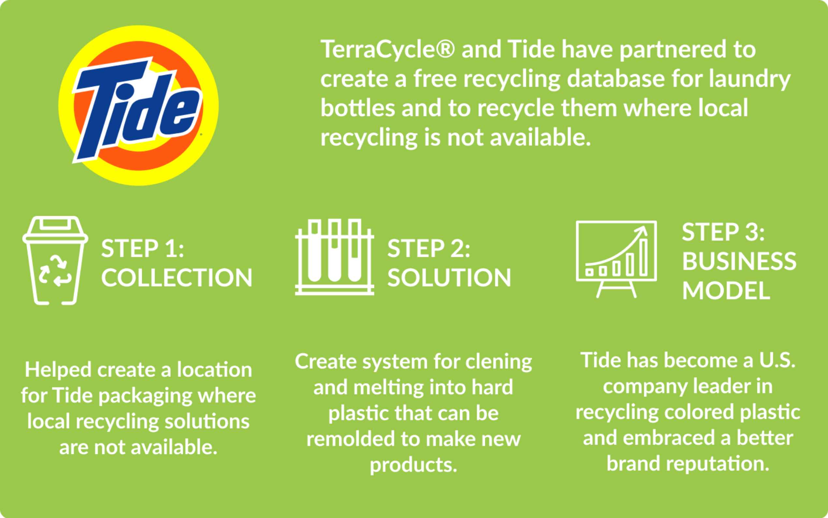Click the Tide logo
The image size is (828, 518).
(138, 106)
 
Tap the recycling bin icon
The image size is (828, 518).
(55, 260)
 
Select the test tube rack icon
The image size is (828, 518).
(335, 257)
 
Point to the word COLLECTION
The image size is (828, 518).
(177, 277)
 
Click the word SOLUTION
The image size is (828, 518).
(449, 277)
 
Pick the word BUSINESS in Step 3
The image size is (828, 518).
(739, 261)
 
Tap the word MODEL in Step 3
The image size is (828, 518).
(726, 290)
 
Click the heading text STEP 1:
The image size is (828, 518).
(142, 248)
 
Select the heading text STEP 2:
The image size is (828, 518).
(429, 248)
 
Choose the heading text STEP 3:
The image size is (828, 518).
(723, 232)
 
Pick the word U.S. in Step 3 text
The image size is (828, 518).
(777, 360)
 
